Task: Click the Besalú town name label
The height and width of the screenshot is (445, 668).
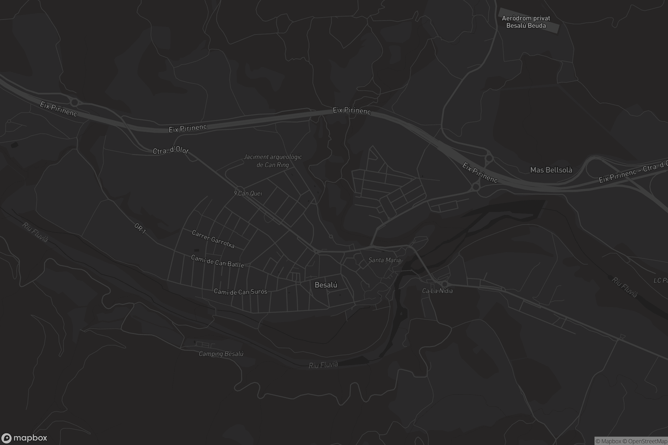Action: pos(326,285)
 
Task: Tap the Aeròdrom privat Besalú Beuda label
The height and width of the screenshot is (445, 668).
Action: pos(526,22)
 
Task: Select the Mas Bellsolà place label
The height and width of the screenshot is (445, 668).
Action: pos(551,170)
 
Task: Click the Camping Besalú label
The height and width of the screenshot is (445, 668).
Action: pos(221,353)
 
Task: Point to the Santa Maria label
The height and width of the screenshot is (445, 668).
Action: pos(384,260)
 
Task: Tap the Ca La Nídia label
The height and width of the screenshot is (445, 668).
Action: pos(437,291)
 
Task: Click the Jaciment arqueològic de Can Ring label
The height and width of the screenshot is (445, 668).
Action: pos(273,161)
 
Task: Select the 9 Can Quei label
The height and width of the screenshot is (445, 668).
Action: pos(248,193)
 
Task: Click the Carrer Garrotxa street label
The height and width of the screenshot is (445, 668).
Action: pos(213,239)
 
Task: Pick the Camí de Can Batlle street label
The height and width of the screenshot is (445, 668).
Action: pos(217,261)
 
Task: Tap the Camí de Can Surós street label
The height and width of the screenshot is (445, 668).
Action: pos(240,292)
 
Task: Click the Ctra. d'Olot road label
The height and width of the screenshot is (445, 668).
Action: pos(170,150)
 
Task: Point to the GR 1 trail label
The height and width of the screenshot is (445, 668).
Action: pos(140,228)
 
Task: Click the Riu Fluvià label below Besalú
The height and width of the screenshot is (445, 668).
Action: pos(323,365)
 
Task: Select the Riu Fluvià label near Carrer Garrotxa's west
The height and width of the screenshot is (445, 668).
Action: pos(35,232)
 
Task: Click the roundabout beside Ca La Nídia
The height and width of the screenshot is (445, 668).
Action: pos(444,284)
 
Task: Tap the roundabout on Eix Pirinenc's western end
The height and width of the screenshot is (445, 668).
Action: pos(74,102)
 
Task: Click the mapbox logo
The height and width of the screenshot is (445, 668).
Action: pos(24,438)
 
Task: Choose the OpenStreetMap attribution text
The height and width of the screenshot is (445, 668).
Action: pos(648,441)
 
